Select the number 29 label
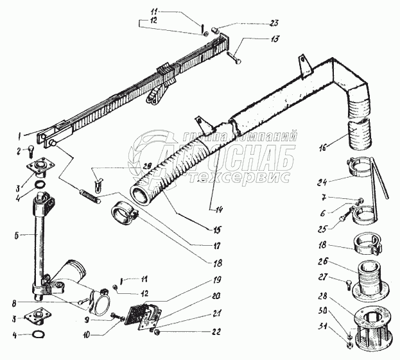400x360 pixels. click(148, 166)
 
